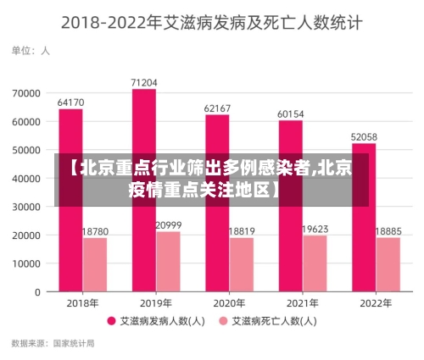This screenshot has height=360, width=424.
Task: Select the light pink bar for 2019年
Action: pyautogui.click(x=168, y=262)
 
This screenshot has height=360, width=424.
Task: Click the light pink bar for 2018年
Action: pyautogui.click(x=95, y=264)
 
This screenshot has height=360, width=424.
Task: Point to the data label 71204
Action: pyautogui.click(x=144, y=82)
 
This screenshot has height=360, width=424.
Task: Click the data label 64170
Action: pyautogui.click(x=70, y=102)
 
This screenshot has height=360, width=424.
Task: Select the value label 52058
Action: pyautogui.click(x=364, y=136)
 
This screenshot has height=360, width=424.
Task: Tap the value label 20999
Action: pyautogui.click(x=168, y=224)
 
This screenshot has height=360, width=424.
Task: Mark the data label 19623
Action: pyautogui.click(x=315, y=229)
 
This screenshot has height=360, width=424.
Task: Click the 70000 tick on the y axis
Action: pyautogui.click(x=26, y=93)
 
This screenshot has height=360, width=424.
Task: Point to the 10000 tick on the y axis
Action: pyautogui.click(x=26, y=263)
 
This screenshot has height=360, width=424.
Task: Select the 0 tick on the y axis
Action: pyautogui.click(x=38, y=292)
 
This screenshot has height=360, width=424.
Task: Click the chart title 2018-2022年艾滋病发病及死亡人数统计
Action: pyautogui.click(x=212, y=21)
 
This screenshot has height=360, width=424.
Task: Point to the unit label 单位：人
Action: pyautogui.click(x=31, y=51)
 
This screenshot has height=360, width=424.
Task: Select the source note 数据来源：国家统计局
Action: pyautogui.click(x=53, y=344)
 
